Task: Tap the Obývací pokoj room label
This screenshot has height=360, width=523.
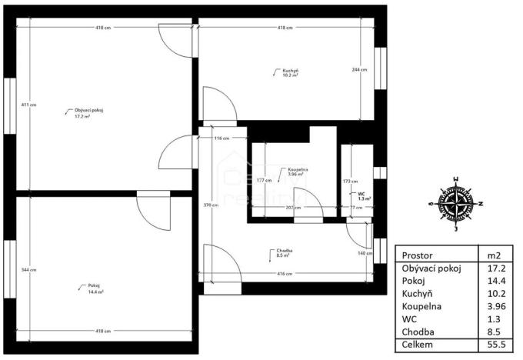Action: coord(88,113)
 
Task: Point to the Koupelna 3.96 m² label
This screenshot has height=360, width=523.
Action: coord(295,172)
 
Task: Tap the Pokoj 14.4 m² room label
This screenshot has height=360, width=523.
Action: coord(95,290)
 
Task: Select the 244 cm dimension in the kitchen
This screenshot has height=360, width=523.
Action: coord(359,70)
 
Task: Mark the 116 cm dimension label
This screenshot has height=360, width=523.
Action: coord(222,138)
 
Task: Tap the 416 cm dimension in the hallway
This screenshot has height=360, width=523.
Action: coord(285,274)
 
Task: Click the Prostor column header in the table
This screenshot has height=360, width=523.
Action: coord(418,255)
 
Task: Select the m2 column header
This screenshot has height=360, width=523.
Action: coord(495,255)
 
